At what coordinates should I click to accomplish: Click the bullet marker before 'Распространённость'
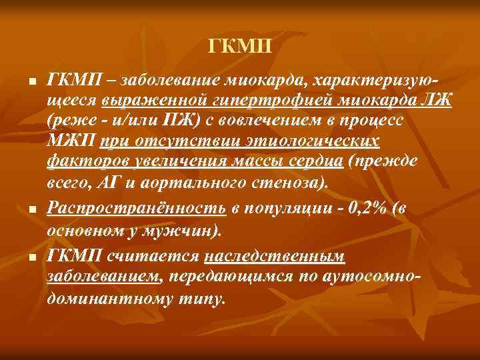(x=31, y=209)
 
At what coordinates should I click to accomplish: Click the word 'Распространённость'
(x=137, y=208)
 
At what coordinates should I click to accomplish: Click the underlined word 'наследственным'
(x=275, y=257)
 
